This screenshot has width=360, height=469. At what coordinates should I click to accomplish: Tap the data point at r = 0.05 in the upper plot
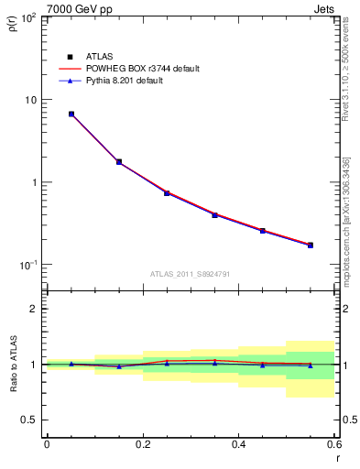71,115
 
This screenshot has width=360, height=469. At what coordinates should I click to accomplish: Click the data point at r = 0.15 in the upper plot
119,162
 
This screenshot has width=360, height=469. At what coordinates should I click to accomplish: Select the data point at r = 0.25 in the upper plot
167,193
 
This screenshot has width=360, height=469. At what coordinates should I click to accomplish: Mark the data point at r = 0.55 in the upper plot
311,245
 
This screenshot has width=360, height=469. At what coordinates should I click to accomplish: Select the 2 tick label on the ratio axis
35,309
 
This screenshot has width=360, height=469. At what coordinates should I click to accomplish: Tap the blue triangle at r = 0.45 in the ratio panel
263,365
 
